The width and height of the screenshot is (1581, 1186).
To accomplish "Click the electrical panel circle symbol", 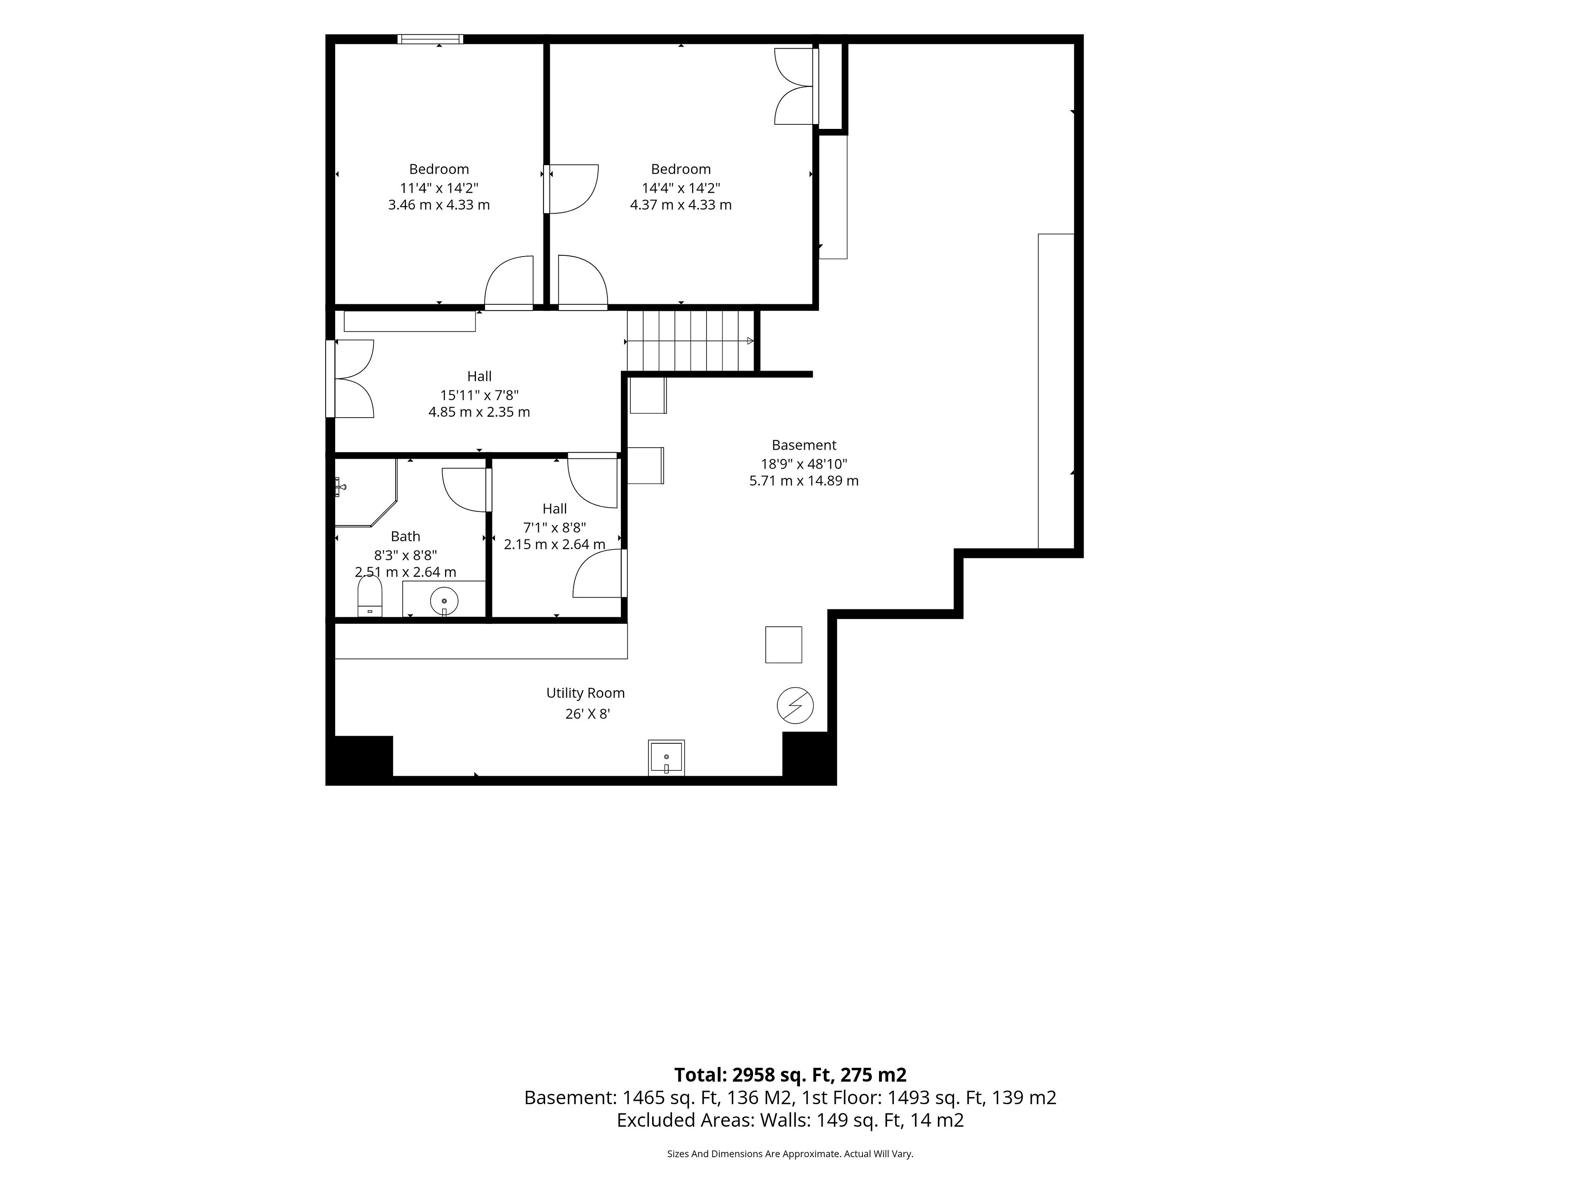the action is tap(795, 705).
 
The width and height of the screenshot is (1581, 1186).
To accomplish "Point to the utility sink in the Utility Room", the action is tap(666, 757).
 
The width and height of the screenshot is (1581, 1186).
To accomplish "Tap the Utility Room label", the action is tap(585, 693).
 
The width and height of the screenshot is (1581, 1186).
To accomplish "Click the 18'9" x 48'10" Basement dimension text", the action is tap(804, 463).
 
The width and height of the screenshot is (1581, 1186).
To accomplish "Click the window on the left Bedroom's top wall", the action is tap(430, 39).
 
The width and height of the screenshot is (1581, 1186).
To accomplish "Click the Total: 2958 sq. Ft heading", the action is tap(790, 1075).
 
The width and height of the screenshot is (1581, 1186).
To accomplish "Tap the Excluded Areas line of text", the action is tap(790, 1120).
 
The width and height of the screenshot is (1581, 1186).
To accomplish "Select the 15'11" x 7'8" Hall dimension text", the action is tap(480, 395).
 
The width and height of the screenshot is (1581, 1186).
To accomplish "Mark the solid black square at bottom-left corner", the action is tap(359, 760).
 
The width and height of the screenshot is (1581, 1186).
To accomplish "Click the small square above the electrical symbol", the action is tap(784, 645).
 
